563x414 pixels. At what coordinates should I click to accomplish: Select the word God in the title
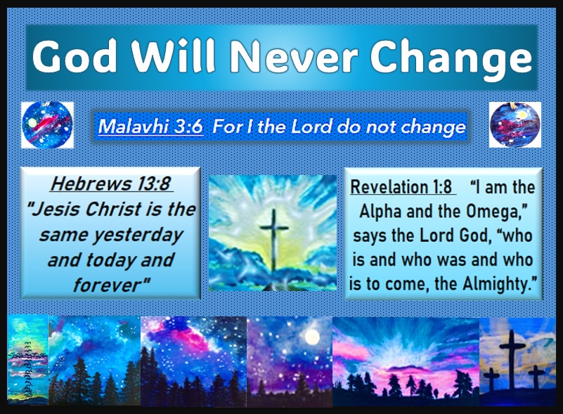[75, 56]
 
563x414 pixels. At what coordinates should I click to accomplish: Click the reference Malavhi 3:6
[150, 127]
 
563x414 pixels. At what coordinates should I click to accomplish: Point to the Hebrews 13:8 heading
[110, 183]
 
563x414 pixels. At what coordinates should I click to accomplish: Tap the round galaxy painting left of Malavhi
[47, 124]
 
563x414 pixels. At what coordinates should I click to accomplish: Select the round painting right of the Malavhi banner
[515, 124]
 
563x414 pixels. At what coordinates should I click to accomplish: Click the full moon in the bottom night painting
[312, 337]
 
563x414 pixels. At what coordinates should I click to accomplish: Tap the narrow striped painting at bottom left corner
[27, 359]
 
